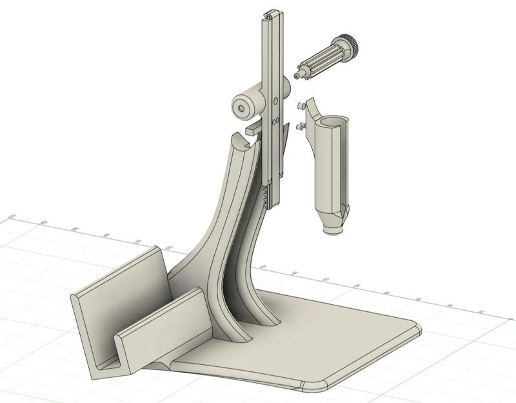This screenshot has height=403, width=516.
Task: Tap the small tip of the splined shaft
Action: pos(297,76)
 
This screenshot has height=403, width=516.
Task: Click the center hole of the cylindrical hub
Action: pos(241,108)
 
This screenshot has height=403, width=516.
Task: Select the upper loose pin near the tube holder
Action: pos(301,104)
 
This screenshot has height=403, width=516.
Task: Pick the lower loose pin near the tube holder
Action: pos(300,127)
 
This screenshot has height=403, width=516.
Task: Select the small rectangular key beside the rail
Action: pos(253,129)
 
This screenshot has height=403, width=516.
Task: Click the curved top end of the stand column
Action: pos(241,143)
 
